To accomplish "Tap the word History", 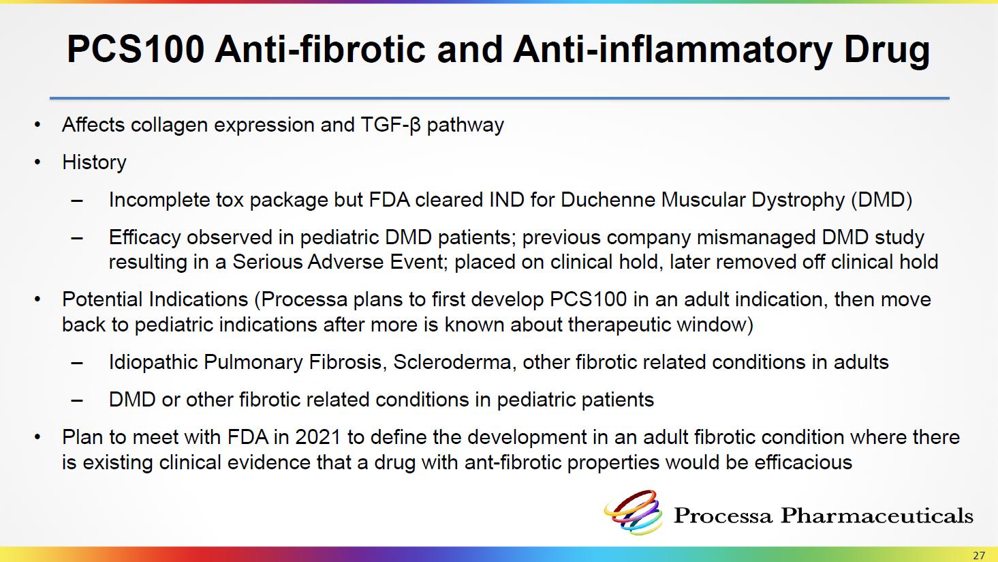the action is [x=94, y=162].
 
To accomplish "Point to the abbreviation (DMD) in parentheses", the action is [x=882, y=200].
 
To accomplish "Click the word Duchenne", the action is [x=607, y=199].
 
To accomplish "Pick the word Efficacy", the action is [x=144, y=238].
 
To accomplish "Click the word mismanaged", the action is [x=755, y=238].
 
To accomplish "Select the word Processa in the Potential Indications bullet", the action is [x=304, y=299].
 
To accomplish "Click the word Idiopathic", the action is [x=153, y=362].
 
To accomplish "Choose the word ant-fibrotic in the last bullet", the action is [x=512, y=462].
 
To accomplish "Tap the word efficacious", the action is [x=803, y=462].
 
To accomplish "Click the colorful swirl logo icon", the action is [x=633, y=512].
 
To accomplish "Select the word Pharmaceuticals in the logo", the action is [x=877, y=516].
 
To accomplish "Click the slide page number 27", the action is [x=979, y=555].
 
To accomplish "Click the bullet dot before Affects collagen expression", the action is [x=37, y=125].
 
